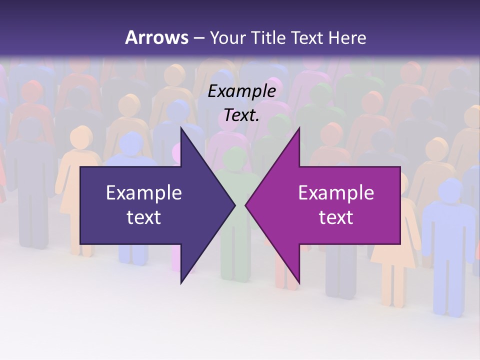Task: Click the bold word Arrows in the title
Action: (x=157, y=37)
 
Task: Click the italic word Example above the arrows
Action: (x=241, y=91)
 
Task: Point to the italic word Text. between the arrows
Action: (x=241, y=115)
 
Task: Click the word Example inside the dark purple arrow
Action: (x=144, y=192)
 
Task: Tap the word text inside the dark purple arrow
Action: (x=144, y=217)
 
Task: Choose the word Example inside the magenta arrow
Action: (x=336, y=192)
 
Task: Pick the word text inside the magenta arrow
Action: (x=336, y=217)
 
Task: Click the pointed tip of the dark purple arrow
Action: (x=235, y=205)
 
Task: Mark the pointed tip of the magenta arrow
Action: (x=245, y=205)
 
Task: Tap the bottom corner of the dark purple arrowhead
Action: (x=181, y=283)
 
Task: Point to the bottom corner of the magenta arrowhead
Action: (x=299, y=283)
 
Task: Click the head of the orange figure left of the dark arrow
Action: (x=80, y=136)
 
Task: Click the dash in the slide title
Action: (x=198, y=38)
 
